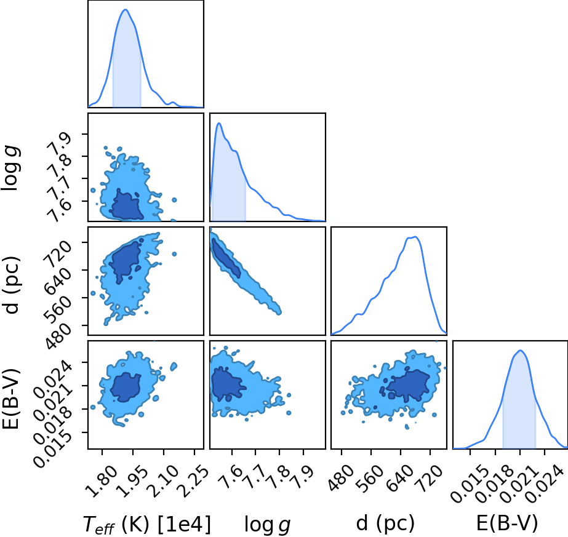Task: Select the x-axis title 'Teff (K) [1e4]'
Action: pyautogui.click(x=146, y=524)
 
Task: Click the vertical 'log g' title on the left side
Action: pyautogui.click(x=11, y=168)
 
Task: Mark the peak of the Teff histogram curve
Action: pyautogui.click(x=126, y=9)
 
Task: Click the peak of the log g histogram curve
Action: pyautogui.click(x=219, y=123)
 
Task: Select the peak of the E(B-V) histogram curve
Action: pyautogui.click(x=520, y=350)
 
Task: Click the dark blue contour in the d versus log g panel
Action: pyautogui.click(x=226, y=258)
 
